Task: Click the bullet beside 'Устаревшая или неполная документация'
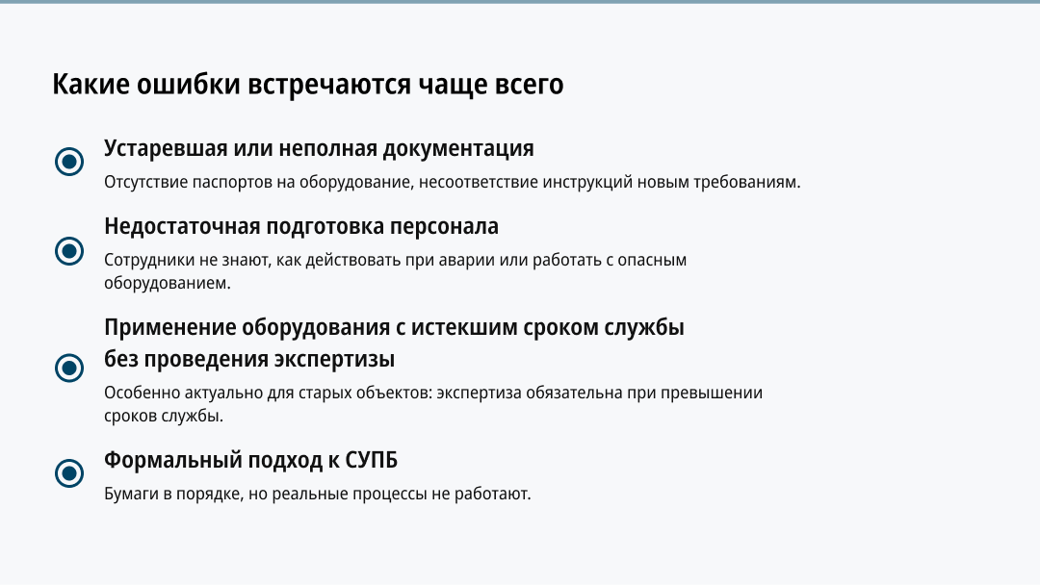(x=69, y=162)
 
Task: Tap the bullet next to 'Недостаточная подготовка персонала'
(x=69, y=251)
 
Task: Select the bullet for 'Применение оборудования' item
(x=69, y=368)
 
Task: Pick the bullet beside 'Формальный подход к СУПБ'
(x=69, y=473)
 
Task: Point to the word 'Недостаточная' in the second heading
(x=182, y=226)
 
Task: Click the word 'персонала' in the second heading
(x=444, y=226)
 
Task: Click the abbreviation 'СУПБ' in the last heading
(x=372, y=461)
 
